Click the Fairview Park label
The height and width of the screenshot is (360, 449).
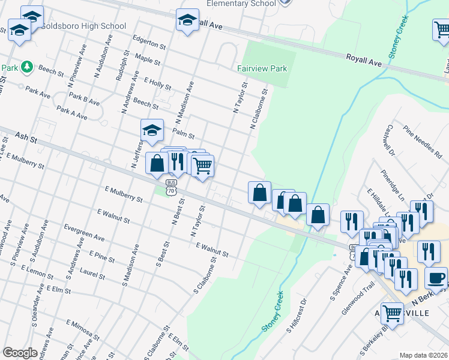coord(262,68)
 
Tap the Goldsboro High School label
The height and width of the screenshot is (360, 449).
coord(83,26)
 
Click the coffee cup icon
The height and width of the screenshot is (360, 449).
coord(436,278)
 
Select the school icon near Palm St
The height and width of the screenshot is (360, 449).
coord(152,130)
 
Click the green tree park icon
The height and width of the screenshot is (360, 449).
coord(26,67)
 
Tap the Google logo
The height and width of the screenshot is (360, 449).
coord(20,353)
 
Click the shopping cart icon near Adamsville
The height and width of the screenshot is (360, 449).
coord(393,313)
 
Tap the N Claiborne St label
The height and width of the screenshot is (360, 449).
coord(259,112)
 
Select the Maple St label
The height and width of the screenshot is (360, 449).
coord(148,60)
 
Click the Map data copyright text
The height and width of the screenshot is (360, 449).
coord(424,355)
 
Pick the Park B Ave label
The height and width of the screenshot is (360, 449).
coord(84,100)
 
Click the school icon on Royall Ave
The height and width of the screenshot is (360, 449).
coord(188,21)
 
